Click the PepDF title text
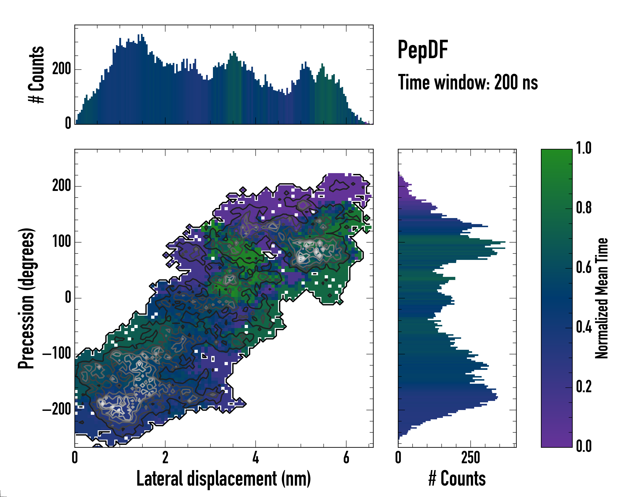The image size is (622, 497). [423, 49]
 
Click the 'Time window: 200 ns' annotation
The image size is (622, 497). [468, 82]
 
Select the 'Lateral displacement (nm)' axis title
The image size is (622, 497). [224, 479]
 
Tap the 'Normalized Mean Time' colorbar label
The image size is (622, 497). [602, 298]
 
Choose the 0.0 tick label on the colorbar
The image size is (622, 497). [584, 446]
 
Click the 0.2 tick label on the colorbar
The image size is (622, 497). [584, 387]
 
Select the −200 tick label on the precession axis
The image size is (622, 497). [57, 409]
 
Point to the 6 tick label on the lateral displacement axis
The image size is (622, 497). [346, 457]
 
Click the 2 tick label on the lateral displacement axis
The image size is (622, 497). [165, 457]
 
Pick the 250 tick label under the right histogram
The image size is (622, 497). [470, 457]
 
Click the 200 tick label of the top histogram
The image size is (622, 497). [61, 69]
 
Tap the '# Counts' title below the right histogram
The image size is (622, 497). [457, 479]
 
